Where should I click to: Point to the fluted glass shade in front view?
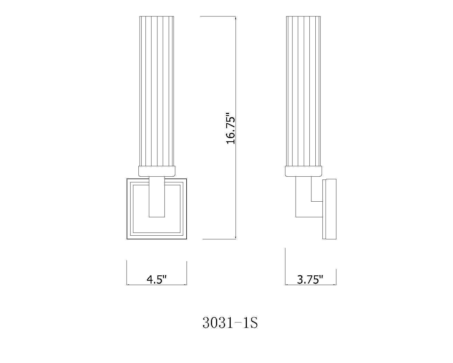(x=157, y=91)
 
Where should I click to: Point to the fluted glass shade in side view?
(x=303, y=91)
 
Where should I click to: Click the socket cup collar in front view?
(x=157, y=171)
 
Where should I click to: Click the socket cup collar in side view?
(x=304, y=171)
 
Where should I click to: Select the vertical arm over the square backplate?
(x=157, y=199)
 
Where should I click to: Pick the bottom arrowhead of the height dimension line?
(x=236, y=239)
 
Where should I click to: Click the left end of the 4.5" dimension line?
(x=127, y=284)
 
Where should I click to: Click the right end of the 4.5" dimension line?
(x=187, y=284)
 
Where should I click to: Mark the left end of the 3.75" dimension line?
(x=285, y=284)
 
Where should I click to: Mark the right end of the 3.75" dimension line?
(x=336, y=284)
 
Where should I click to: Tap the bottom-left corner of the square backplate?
(x=127, y=239)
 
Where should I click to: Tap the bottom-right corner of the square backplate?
(x=187, y=239)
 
